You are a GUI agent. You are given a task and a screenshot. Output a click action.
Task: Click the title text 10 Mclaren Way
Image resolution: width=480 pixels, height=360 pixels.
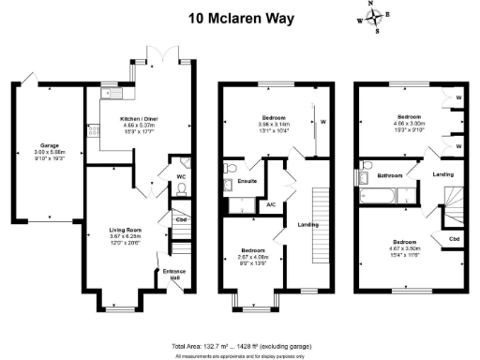[x=238, y=17]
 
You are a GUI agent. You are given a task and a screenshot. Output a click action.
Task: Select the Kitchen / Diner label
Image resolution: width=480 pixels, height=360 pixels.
[x=140, y=120]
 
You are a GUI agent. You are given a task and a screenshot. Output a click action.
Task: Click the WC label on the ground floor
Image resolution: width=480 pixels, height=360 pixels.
[x=182, y=174]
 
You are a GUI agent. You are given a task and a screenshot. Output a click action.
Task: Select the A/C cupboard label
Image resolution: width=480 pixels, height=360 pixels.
[x=271, y=203]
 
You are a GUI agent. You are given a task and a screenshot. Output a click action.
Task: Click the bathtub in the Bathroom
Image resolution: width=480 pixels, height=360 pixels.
[x=372, y=195]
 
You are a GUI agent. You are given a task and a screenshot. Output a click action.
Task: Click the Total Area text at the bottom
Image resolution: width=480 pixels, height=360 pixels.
[x=239, y=346]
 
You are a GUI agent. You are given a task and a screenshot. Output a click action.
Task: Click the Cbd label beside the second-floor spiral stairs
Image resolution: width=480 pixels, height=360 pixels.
[x=454, y=238]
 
